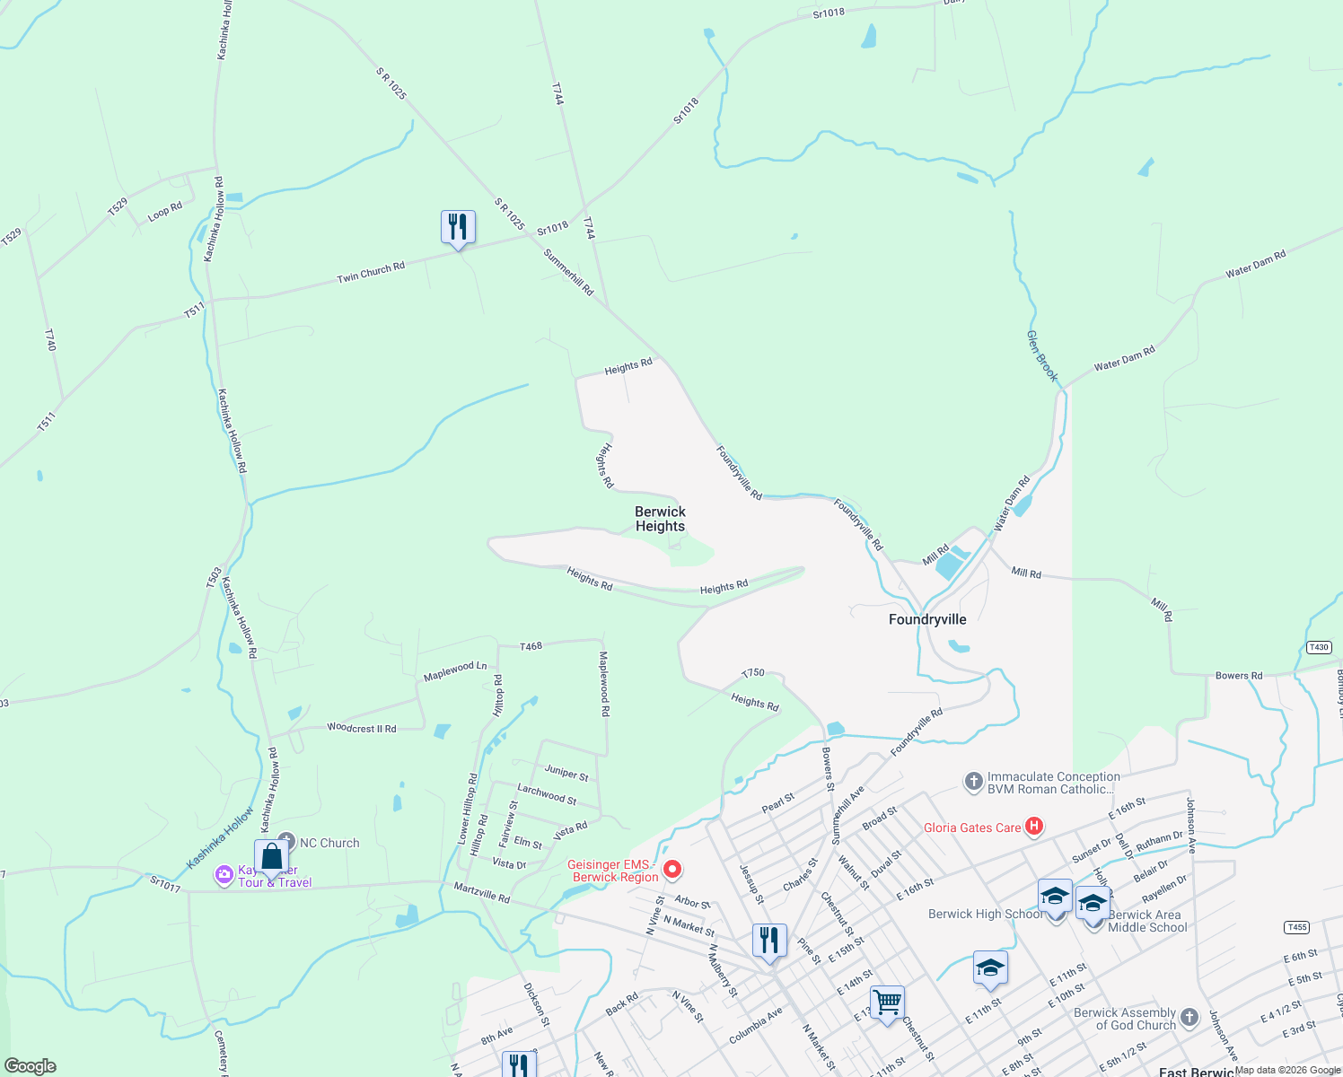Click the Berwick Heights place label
660,519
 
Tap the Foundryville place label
927,619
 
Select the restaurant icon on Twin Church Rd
458,228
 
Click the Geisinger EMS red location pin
672,869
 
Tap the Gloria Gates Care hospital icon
1033,826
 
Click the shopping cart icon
887,1001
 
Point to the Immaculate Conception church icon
973,782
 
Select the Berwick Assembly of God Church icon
1189,1017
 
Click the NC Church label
329,843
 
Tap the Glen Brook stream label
1041,355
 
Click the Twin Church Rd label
371,272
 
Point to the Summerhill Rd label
568,273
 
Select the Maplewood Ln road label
455,670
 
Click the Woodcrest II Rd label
361,728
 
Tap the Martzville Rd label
481,893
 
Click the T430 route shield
1318,647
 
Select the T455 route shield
1296,927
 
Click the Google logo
30,1066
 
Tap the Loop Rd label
165,211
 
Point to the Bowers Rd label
1239,676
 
